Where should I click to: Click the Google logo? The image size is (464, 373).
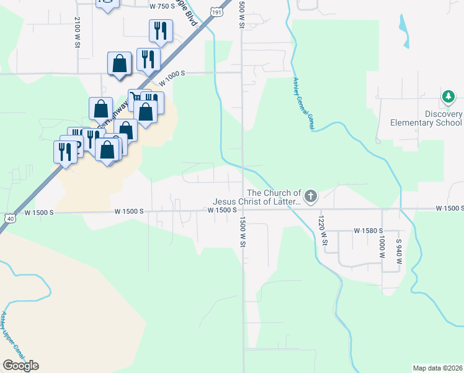20,366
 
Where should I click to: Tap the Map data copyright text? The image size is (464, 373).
438,368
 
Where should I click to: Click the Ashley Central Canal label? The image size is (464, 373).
302,103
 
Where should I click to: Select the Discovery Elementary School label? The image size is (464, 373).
426,118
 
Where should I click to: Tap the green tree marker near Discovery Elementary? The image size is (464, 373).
448,97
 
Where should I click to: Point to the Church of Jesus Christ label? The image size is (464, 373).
257,197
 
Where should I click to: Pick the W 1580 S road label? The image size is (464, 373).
370,230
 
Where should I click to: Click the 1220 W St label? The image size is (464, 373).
322,230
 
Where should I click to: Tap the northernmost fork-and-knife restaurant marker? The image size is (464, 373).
161,30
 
